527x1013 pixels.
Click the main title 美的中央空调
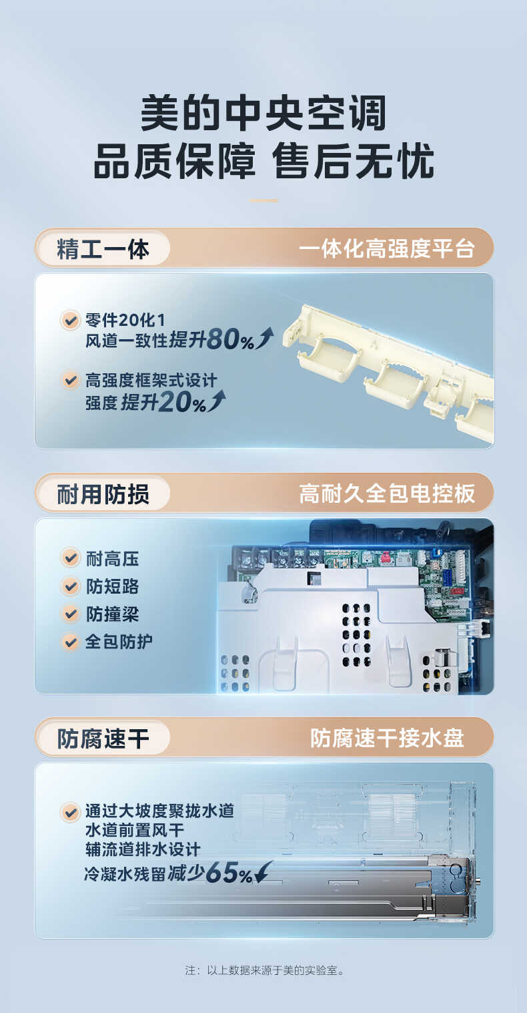click(x=263, y=114)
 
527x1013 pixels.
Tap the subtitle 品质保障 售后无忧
click(x=263, y=161)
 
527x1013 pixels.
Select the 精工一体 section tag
click(x=103, y=248)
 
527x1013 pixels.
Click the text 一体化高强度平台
click(x=387, y=249)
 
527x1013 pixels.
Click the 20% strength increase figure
click(x=181, y=403)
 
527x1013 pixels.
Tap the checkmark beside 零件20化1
click(x=70, y=320)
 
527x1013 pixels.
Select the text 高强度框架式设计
click(x=151, y=381)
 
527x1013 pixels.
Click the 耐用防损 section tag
click(x=103, y=494)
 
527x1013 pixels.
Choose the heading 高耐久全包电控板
click(x=387, y=494)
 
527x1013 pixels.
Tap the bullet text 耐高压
click(x=112, y=558)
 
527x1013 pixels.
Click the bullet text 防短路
click(x=112, y=586)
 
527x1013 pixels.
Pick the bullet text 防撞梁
click(x=112, y=614)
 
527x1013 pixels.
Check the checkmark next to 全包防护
click(x=70, y=642)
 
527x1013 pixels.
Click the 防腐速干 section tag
click(x=103, y=739)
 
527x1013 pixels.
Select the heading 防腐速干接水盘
click(x=387, y=739)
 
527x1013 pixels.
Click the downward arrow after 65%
click(x=264, y=872)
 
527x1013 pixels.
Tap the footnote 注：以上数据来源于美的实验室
click(x=263, y=970)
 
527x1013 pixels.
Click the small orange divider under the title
click(x=263, y=200)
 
